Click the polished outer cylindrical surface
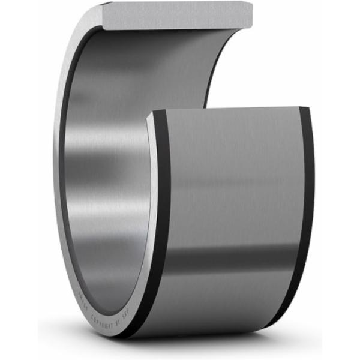234,180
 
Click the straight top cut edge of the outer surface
228,109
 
